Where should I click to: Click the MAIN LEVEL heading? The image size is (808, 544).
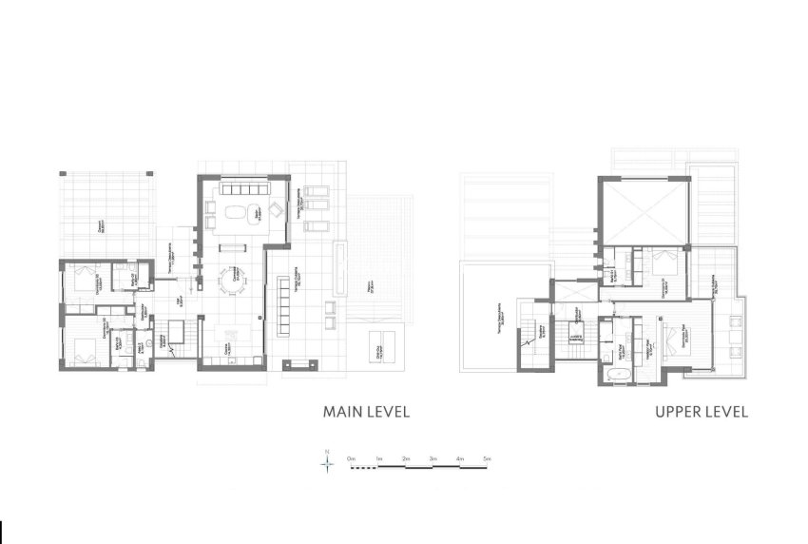click(366, 412)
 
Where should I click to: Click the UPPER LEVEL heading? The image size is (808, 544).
click(701, 412)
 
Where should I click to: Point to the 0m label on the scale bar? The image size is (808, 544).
click(351, 458)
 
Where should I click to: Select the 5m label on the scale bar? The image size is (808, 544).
click(487, 458)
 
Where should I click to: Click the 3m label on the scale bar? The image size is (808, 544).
click(433, 458)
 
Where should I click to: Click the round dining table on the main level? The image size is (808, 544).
click(232, 280)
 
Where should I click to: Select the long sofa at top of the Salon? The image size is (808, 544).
click(245, 188)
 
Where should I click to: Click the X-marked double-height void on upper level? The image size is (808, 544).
click(644, 211)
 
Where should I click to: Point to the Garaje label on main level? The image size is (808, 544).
click(102, 227)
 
